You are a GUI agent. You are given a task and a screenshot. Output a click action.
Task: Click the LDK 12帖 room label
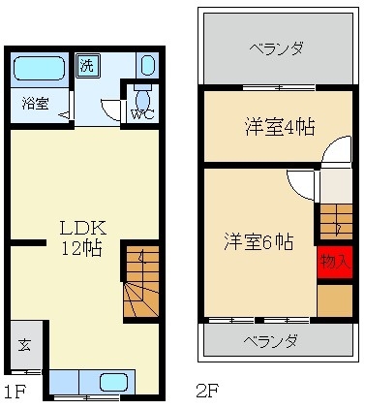click(82, 237)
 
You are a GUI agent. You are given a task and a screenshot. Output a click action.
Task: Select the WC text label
click(141, 112)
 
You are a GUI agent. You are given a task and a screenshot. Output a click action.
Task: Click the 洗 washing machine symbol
click(87, 68)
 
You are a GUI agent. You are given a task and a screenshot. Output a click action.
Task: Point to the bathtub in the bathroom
click(39, 69)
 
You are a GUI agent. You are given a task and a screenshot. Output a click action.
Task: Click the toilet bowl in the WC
click(142, 97)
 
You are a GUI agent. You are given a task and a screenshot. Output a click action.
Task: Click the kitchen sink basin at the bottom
click(114, 382)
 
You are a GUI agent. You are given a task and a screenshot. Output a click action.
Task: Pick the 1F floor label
click(14, 392)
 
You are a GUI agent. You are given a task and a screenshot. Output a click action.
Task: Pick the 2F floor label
click(206, 392)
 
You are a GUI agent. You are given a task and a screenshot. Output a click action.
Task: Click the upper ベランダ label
click(276, 47)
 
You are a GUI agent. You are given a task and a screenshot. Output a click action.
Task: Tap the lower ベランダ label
click(270, 341)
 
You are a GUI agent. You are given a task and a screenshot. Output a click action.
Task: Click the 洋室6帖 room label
click(259, 241)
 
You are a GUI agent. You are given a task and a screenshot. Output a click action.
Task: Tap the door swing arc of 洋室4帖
click(336, 153)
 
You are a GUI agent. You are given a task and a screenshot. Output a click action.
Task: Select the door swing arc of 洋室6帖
click(301, 183)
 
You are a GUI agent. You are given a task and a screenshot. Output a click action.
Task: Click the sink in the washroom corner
click(146, 66)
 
